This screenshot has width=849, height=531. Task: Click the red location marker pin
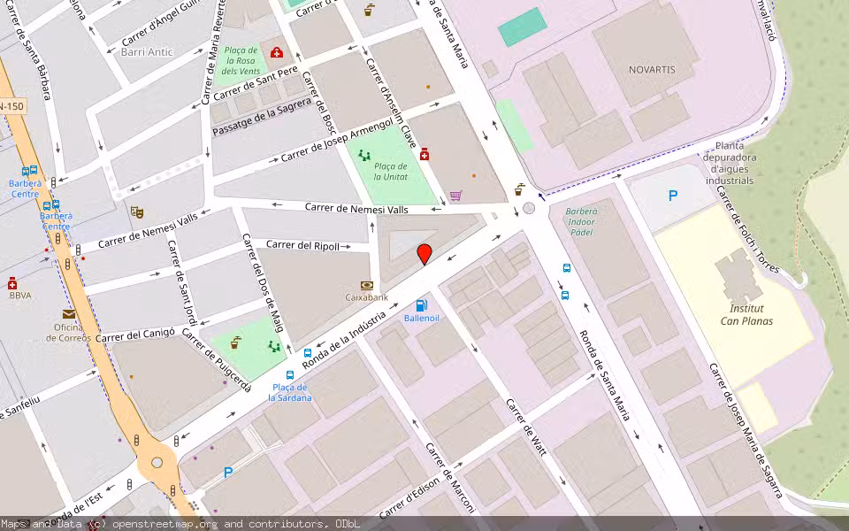[424, 254]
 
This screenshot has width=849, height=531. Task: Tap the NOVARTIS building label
[652, 69]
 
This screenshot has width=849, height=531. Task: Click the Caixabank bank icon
[366, 285]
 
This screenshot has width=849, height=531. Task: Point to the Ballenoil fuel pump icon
[421, 305]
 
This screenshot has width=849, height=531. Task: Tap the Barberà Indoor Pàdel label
[581, 221]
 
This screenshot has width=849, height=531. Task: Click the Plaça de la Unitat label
[390, 172]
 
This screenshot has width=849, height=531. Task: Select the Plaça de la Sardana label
[290, 392]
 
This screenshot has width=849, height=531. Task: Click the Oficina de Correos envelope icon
[69, 314]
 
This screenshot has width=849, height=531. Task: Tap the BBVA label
[20, 296]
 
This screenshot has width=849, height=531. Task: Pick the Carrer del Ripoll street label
[302, 245]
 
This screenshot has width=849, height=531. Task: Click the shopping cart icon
[456, 196]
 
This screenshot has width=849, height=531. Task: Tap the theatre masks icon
[136, 212]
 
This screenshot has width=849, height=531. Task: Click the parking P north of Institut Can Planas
[673, 196]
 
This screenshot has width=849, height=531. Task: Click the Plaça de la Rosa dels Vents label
[241, 60]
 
